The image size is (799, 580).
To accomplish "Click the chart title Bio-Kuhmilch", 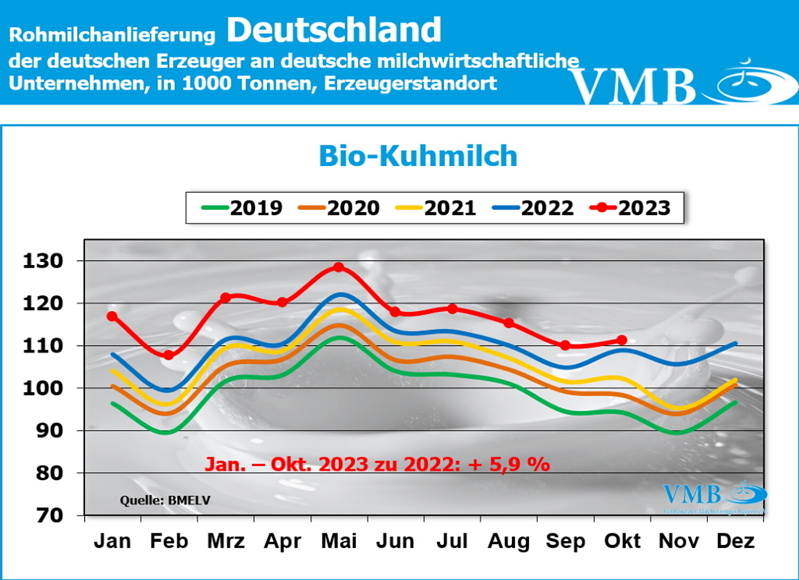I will point(418,156).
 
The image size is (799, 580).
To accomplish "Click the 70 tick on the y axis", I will point(50,515).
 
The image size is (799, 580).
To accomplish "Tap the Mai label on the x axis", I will point(339,541).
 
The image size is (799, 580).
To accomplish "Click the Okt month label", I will point(622,541).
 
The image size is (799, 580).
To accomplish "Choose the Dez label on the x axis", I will point(736,541).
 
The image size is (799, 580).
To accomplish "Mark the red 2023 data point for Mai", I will point(339,267).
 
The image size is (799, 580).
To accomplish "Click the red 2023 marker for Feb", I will point(168,355).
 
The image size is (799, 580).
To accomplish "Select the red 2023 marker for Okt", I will point(622,340).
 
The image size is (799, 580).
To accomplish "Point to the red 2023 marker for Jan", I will point(112,316).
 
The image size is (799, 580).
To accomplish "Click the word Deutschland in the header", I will point(334,30).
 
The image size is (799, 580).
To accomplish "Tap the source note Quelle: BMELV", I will point(165,500).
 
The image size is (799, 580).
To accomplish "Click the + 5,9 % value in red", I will point(509,464).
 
